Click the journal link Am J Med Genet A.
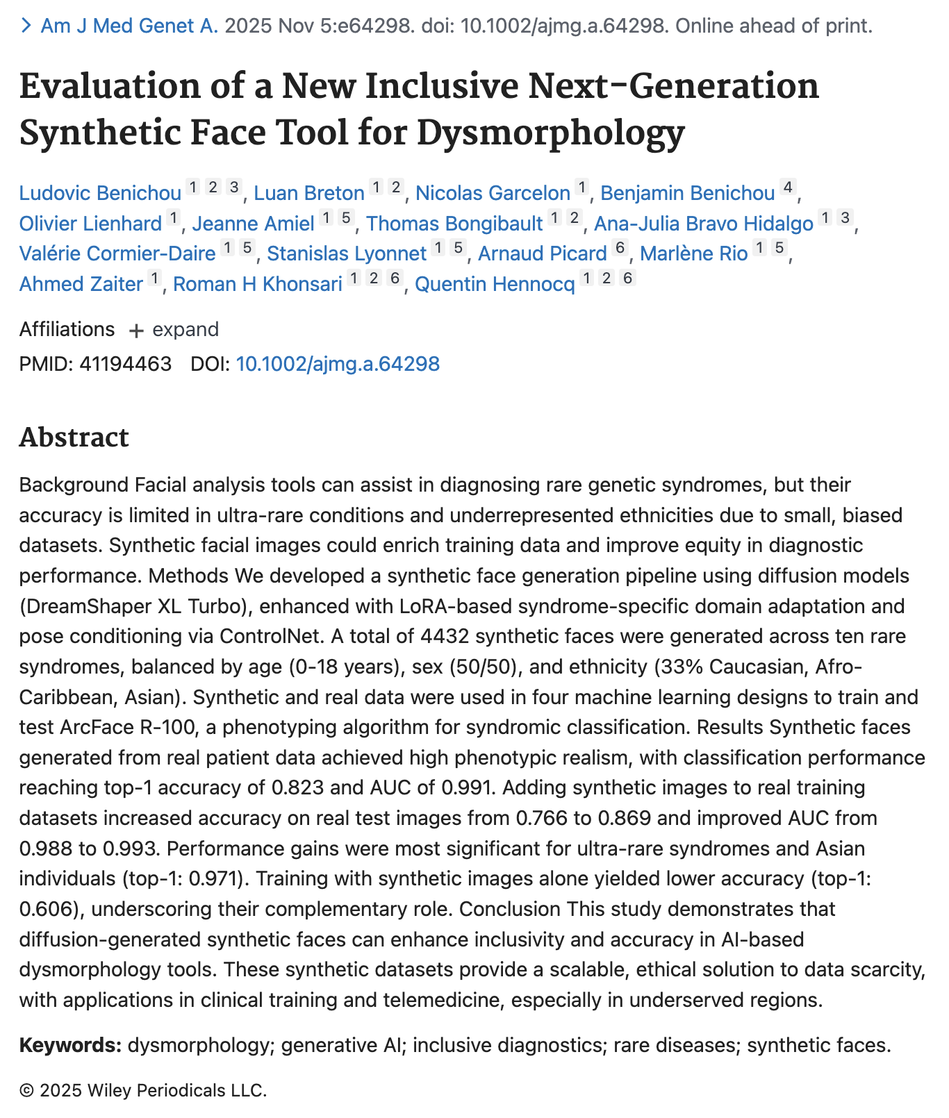pos(129,26)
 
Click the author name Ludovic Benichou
pos(100,193)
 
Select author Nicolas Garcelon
pos(493,193)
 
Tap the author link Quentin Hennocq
pos(495,284)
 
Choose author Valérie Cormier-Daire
pos(117,253)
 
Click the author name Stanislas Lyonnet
pos(347,253)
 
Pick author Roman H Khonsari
pos(257,284)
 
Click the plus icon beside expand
pos(136,330)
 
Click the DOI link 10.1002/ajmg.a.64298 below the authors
pos(338,364)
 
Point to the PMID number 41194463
pos(125,364)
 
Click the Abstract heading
pos(74,437)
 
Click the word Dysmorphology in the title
pos(550,132)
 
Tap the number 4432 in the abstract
pos(446,636)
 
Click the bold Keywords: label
pos(70,1045)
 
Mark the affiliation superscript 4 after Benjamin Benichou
pos(787,187)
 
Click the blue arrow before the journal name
pos(26,26)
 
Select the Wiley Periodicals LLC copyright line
pos(143,1090)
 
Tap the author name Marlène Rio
pos(693,253)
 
